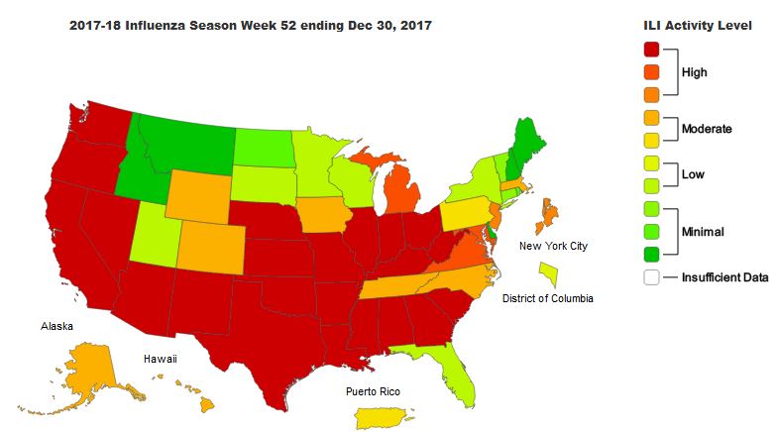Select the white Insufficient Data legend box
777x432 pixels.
(651, 277)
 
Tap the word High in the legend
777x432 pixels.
(695, 71)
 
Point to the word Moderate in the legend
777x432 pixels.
(707, 129)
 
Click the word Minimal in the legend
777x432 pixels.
(702, 232)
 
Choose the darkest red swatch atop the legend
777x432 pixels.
(651, 49)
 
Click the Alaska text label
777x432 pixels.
(56, 325)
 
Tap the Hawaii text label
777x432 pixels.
(160, 359)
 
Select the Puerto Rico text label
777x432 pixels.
(374, 391)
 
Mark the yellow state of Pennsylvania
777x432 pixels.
(467, 212)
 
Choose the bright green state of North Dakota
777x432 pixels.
(265, 148)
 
